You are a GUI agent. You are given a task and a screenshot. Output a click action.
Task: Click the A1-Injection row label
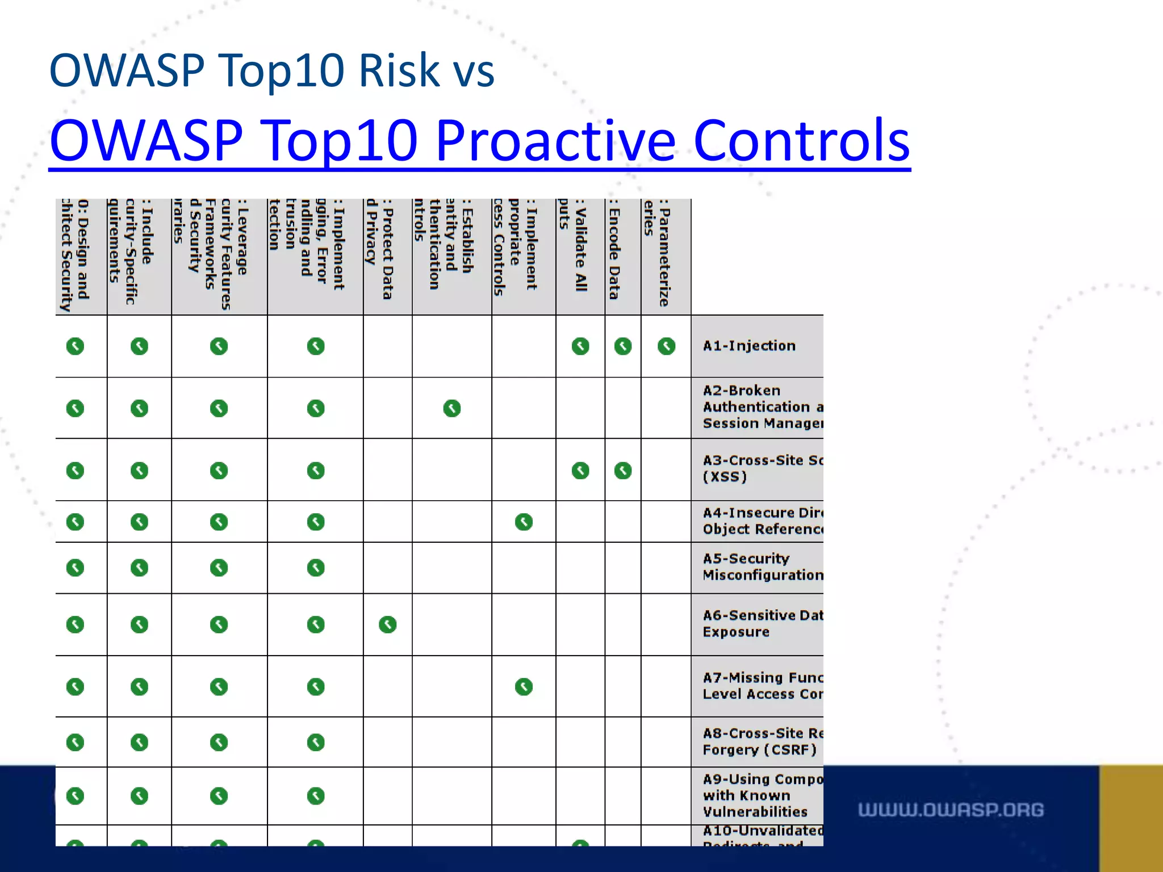pyautogui.click(x=749, y=346)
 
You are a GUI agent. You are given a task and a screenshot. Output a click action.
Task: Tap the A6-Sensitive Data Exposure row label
pyautogui.click(x=762, y=623)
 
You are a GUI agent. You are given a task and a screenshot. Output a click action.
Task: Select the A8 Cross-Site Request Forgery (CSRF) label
pyautogui.click(x=762, y=741)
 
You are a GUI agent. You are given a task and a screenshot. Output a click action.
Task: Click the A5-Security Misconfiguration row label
pyautogui.click(x=762, y=567)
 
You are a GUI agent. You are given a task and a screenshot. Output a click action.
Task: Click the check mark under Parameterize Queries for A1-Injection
pyautogui.click(x=666, y=346)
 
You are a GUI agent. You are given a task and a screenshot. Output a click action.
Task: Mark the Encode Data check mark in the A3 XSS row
pyautogui.click(x=623, y=471)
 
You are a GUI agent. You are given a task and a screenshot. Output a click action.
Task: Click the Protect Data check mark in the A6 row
pyautogui.click(x=388, y=624)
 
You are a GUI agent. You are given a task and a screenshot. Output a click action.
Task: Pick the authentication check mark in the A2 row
pyautogui.click(x=452, y=408)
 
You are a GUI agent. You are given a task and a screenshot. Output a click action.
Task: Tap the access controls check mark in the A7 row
pyautogui.click(x=524, y=687)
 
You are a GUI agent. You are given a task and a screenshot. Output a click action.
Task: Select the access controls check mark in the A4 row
pyautogui.click(x=524, y=522)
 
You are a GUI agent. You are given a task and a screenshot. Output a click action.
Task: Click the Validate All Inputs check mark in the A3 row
pyautogui.click(x=580, y=471)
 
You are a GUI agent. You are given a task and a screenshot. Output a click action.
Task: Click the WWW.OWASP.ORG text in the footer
pyautogui.click(x=951, y=810)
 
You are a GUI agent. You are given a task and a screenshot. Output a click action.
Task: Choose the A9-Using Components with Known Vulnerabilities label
pyautogui.click(x=762, y=795)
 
